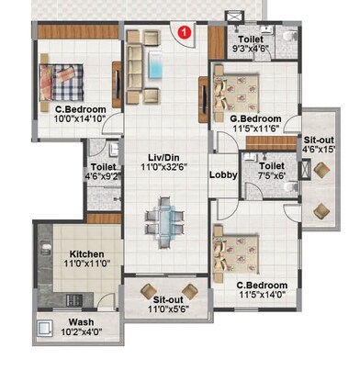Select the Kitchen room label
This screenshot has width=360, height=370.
(84, 253)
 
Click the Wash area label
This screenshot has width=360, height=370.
(80, 321)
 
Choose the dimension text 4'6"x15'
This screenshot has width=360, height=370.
(321, 151)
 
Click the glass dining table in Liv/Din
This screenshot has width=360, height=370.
(163, 219)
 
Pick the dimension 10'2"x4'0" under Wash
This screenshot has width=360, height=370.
(80, 332)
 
